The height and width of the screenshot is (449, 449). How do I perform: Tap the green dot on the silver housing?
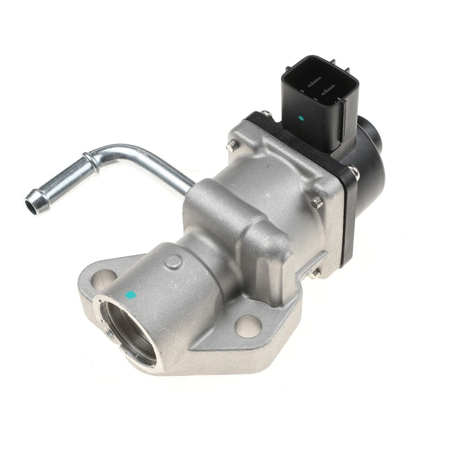click(131, 295)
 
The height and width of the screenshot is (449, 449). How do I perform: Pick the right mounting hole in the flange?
click(248, 326)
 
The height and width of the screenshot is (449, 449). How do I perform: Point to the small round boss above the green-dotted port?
click(173, 262)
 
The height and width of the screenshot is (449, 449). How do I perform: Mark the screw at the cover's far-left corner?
click(232, 145)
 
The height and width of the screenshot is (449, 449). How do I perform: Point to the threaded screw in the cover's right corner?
click(317, 202)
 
